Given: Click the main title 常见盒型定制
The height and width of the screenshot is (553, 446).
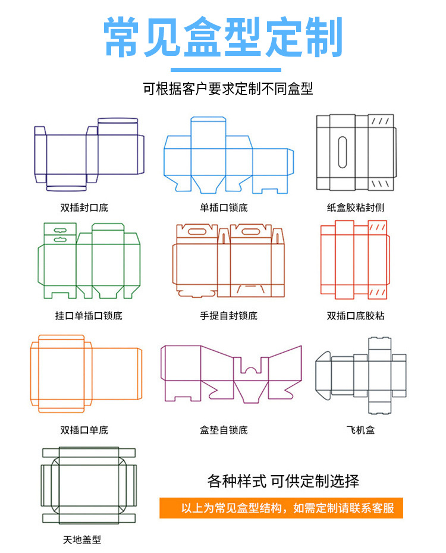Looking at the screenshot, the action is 223,37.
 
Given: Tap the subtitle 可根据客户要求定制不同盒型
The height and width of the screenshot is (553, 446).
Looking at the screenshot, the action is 228,89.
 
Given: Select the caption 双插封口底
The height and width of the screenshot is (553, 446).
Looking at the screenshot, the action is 84,208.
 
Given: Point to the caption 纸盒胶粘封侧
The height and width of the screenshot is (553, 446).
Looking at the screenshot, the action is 356,208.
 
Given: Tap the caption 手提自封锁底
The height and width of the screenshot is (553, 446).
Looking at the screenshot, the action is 228,316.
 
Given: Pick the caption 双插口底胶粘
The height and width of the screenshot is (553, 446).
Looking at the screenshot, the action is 356,316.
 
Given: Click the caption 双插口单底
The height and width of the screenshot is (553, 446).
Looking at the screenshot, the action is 84,430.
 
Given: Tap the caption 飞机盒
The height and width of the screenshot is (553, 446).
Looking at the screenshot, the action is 360,430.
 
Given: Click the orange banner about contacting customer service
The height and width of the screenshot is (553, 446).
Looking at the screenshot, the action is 281,508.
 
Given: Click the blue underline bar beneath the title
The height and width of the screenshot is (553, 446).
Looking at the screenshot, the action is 223,69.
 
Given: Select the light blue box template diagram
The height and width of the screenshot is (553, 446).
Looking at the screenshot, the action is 229,155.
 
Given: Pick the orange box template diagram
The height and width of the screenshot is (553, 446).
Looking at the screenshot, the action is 86,373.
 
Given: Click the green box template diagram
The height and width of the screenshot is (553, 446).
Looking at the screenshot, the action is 89,262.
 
